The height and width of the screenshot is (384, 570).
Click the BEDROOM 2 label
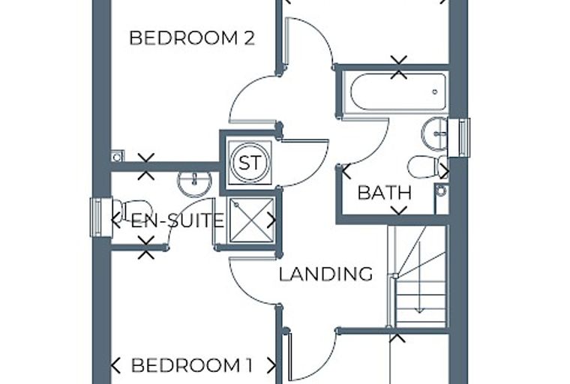point(191,38)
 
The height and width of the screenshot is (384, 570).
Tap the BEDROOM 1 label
point(191,365)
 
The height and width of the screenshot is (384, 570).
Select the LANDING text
point(325,274)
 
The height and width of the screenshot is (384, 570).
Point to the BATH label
point(385,192)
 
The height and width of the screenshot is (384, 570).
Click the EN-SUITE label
point(178,220)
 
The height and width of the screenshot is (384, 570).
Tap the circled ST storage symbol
point(250,163)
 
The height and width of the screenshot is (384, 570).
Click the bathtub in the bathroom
point(398,91)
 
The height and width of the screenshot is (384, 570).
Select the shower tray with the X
point(251,220)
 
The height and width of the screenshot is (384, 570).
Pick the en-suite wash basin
point(195,183)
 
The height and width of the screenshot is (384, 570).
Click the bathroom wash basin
point(435,133)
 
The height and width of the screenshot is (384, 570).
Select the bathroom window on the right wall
point(459,138)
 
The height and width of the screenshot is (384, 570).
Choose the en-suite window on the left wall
point(101,217)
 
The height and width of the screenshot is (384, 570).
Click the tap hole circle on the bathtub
point(435,92)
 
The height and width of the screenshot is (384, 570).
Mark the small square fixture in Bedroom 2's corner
point(118,156)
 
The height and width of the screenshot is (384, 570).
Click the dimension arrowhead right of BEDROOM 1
point(271,365)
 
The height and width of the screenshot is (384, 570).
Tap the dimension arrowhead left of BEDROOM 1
point(115,365)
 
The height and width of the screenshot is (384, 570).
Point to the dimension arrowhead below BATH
point(399,211)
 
